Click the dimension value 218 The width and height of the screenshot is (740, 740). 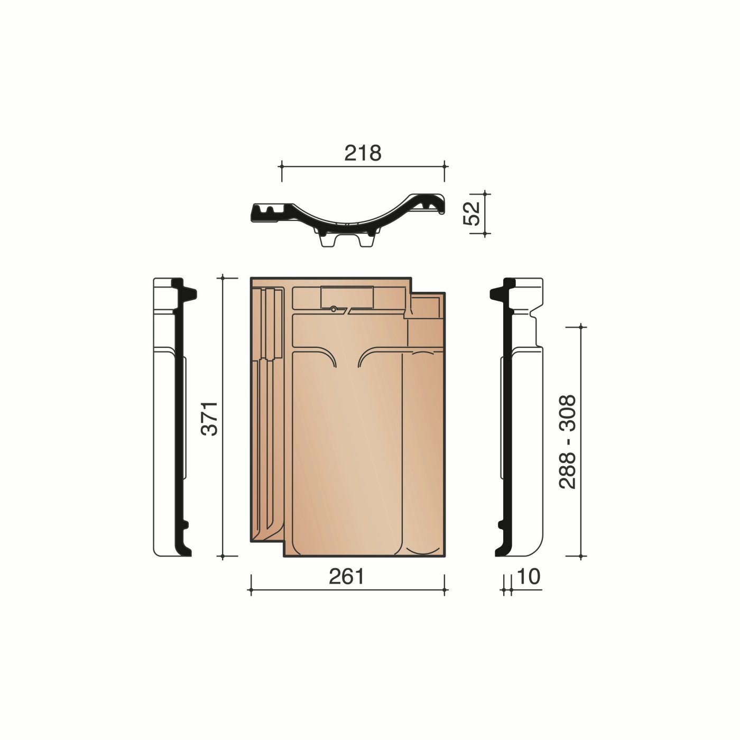click(x=363, y=153)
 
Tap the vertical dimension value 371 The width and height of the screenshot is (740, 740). click(x=211, y=418)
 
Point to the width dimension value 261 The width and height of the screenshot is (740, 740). click(x=347, y=577)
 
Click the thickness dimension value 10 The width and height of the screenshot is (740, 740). click(x=530, y=577)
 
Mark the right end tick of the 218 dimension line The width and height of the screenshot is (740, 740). click(x=444, y=166)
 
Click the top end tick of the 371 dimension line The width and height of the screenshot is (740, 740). click(x=224, y=277)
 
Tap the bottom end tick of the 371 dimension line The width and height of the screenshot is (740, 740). click(x=224, y=557)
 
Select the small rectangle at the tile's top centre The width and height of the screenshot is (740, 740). click(x=347, y=297)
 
